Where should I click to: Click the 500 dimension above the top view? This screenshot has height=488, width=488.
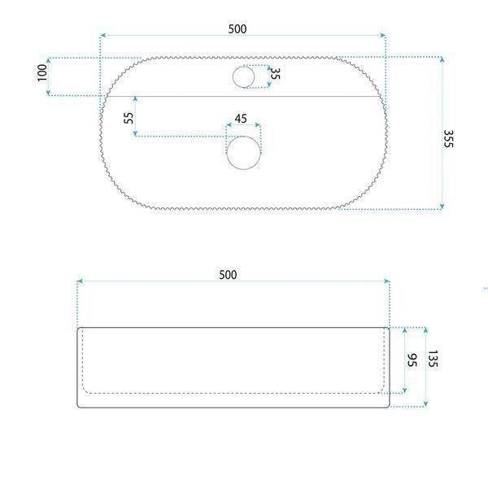pyautogui.click(x=237, y=29)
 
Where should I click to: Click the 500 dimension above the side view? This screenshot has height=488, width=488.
pyautogui.click(x=228, y=275)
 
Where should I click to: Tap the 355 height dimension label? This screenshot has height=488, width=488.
pyautogui.click(x=448, y=139)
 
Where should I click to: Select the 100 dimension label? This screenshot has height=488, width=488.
pyautogui.click(x=42, y=73)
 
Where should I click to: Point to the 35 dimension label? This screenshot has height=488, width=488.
pyautogui.click(x=275, y=73)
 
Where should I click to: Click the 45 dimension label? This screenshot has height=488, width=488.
pyautogui.click(x=241, y=119)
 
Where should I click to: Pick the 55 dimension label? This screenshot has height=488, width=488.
pyautogui.click(x=129, y=118)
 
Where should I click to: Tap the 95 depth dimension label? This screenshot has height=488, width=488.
pyautogui.click(x=412, y=360)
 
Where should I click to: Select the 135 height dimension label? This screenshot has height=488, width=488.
pyautogui.click(x=433, y=359)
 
